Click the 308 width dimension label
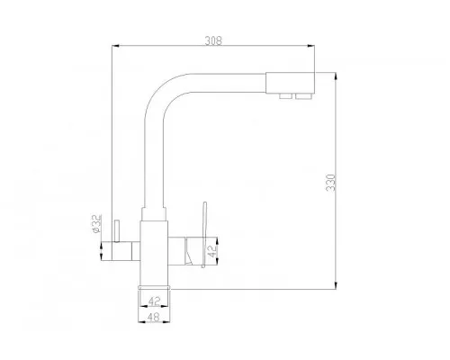pyautogui.click(x=213, y=40)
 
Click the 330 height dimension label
pyautogui.click(x=330, y=183)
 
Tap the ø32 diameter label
pyautogui.click(x=96, y=224)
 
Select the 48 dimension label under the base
pyautogui.click(x=154, y=316)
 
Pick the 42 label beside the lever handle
pyautogui.click(x=212, y=251)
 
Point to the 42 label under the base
pyautogui.click(x=155, y=301)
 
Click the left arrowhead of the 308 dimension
pyautogui.click(x=116, y=46)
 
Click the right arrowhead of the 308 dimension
pyautogui.click(x=310, y=46)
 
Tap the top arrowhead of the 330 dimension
pyautogui.click(x=336, y=76)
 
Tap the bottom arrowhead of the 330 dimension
pyautogui.click(x=336, y=285)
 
